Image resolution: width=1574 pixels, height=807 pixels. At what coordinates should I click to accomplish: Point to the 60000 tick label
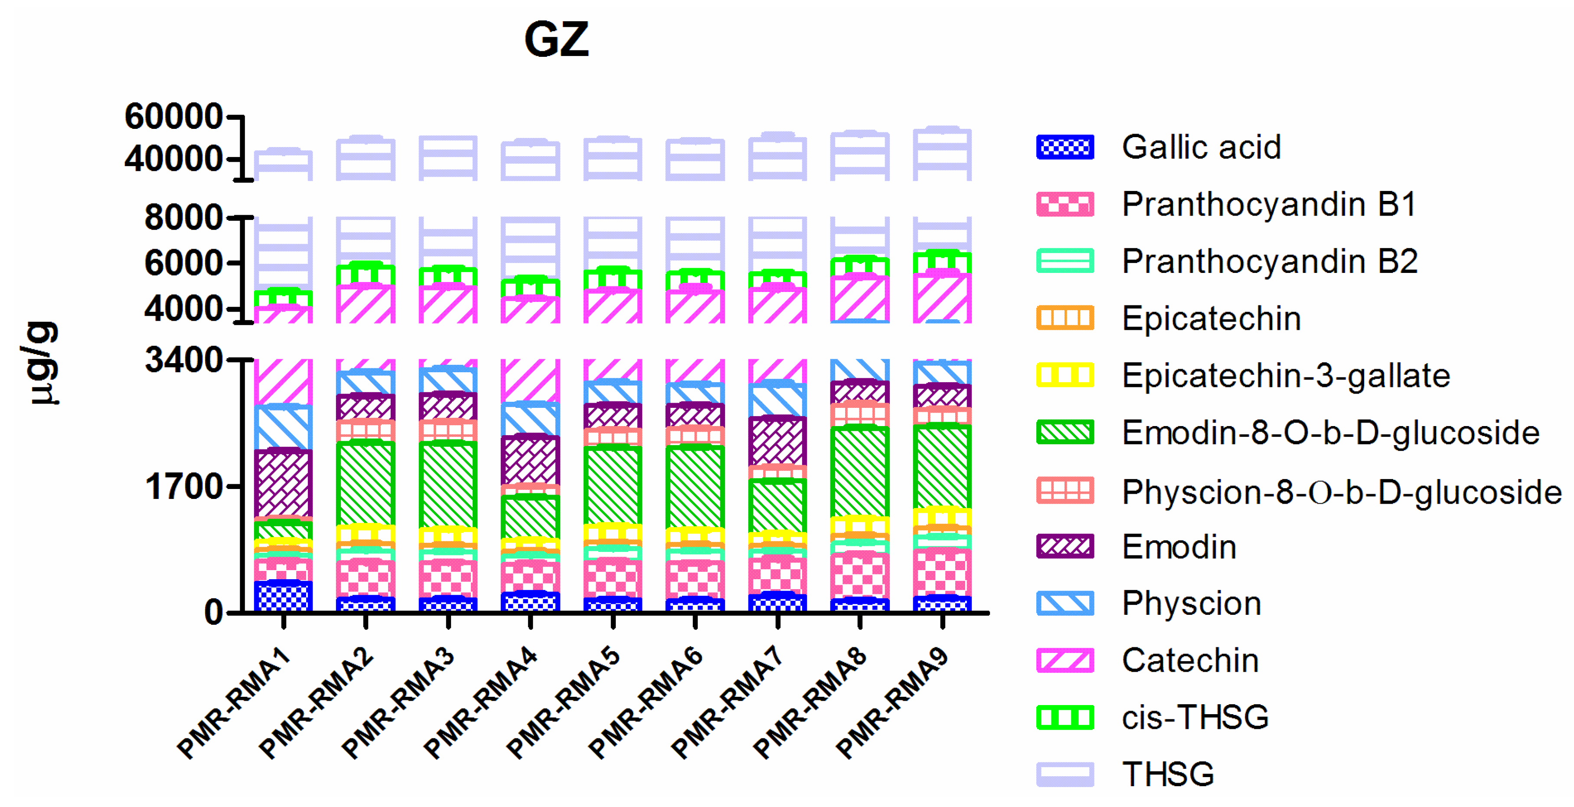point(173,116)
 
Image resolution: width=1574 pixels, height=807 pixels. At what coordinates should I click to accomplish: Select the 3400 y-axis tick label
point(183,360)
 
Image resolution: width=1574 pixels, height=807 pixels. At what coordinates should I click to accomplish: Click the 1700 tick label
point(183,487)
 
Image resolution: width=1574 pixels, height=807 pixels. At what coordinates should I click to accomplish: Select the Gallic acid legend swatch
point(1065,148)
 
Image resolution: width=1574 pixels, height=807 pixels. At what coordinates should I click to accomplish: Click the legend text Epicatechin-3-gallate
point(1286,375)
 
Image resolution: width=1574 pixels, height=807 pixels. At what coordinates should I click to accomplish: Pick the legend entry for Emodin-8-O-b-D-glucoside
point(1330,433)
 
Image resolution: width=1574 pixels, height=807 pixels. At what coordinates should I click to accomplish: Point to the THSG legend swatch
point(1065,774)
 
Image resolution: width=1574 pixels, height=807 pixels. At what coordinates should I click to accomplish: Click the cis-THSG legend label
point(1195,717)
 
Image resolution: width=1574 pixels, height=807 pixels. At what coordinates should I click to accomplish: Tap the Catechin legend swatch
point(1065,660)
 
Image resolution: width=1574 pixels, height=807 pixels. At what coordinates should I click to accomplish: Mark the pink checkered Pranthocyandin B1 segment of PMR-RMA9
point(942,573)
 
